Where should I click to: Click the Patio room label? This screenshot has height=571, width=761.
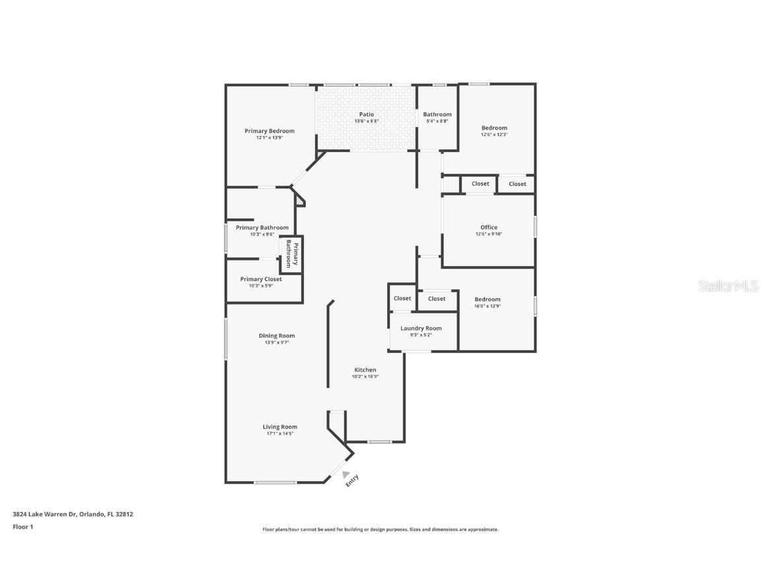coord(367,114)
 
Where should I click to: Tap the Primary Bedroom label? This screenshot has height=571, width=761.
coord(270,131)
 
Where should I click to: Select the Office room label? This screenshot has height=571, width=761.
coord(489,227)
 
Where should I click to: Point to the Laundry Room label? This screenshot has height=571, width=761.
coord(421,328)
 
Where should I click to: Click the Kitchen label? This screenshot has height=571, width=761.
coord(365,370)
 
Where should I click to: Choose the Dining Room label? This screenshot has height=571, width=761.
coord(277,336)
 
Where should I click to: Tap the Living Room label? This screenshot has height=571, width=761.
coord(280,428)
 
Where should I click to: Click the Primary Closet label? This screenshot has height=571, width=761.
coord(261,279)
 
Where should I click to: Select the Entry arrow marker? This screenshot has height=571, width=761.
coord(345,475)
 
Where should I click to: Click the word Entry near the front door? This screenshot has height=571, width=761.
coord(352,480)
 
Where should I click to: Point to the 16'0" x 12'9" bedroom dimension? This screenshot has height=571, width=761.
coord(488,307)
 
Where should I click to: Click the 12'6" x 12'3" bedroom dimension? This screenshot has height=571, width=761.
coord(494,135)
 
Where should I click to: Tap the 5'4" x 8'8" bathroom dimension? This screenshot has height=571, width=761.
coord(437,122)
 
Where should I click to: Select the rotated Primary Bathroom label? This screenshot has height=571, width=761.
coord(292,254)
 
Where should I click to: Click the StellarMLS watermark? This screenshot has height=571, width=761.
coord(728,285)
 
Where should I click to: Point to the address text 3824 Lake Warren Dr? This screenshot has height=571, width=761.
coord(45,514)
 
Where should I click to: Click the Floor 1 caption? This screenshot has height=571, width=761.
coord(23,527)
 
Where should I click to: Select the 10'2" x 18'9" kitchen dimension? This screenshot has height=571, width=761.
coord(365,376)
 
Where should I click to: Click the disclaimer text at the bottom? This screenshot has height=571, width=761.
coord(380,530)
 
